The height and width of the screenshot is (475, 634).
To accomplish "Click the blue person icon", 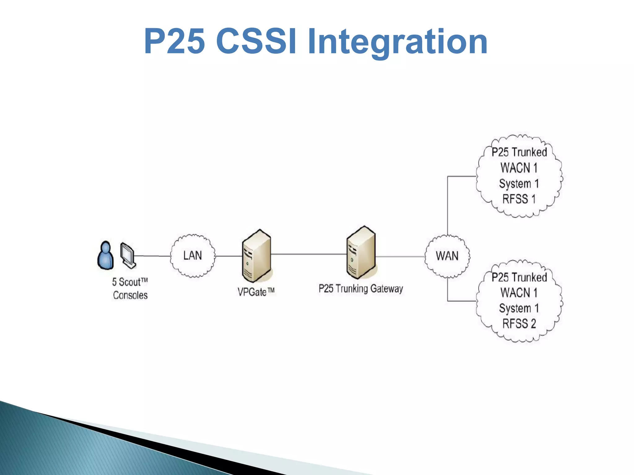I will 106,256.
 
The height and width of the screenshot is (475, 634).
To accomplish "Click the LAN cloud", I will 193,256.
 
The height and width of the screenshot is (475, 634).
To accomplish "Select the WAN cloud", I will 447,256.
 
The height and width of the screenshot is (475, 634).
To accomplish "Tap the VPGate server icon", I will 257,256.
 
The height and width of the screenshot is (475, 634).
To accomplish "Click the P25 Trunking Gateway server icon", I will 361,253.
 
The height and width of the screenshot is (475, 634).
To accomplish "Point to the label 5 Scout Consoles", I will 130,289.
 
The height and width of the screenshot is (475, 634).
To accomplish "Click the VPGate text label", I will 256,292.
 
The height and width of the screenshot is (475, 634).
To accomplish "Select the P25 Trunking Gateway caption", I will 361,289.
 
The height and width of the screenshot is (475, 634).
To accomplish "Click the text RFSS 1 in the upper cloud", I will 519,199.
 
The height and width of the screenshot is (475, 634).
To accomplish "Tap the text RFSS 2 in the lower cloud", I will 519,324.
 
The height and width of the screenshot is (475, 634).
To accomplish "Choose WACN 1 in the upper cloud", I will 519,168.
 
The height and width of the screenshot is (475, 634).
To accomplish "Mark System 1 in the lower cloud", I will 519,308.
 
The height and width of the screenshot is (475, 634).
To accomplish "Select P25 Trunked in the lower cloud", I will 519,277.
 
